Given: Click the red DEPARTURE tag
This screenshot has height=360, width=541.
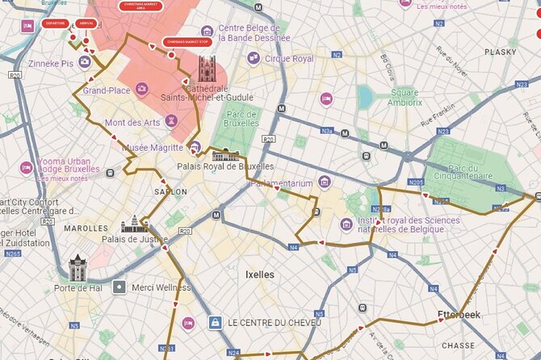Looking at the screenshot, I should [56, 24].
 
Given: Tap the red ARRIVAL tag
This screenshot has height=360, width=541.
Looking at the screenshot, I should [87, 23].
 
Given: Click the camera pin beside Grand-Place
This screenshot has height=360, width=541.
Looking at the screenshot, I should [141, 90].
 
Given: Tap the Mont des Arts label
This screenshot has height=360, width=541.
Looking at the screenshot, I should [133, 123].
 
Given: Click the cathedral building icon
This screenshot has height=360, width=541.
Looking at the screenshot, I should [208, 68].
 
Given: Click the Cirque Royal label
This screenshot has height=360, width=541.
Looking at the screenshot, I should [288, 58].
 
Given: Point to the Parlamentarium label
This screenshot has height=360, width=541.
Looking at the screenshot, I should [280, 183].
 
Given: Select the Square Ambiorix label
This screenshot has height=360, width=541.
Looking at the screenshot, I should [404, 97].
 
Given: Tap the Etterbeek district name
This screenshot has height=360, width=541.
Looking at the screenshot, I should [458, 315].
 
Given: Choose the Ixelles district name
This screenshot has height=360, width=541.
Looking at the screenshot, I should [259, 274].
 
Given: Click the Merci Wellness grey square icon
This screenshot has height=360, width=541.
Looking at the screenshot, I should [120, 287].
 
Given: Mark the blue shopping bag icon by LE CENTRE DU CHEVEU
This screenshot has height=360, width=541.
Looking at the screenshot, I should [215, 323].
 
